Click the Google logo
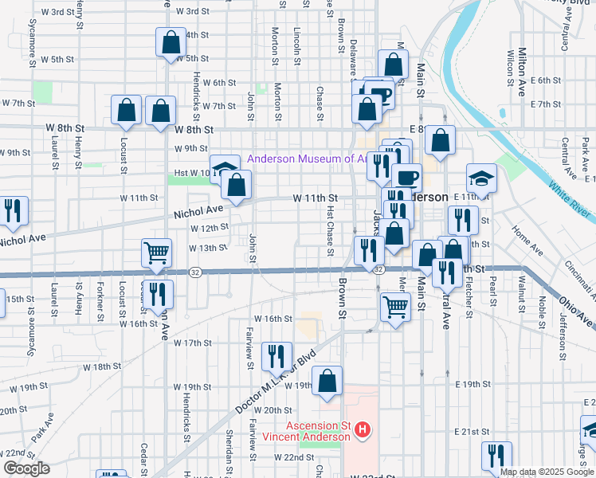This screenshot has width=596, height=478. pos(25,468)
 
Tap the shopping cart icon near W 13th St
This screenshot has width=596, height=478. pos(157,253)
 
